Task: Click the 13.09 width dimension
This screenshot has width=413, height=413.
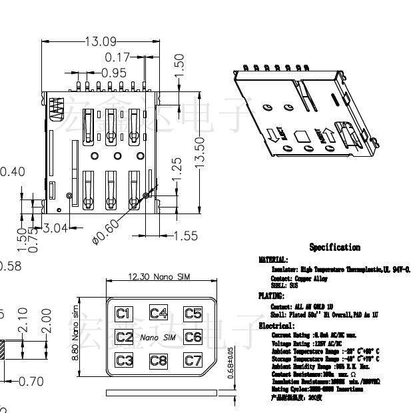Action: (x=100, y=41)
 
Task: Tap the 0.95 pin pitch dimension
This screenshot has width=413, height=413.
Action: (x=114, y=72)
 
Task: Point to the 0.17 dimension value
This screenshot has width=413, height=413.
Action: (x=118, y=58)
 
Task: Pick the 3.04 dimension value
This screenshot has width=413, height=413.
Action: (x=55, y=228)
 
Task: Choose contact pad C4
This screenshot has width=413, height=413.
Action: (x=159, y=313)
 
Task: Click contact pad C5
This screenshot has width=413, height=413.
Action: (x=193, y=313)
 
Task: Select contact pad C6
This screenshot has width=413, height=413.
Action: (x=193, y=337)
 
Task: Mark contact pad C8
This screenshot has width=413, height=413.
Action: (x=159, y=361)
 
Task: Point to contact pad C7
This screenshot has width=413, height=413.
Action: (x=193, y=361)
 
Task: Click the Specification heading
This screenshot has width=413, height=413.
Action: (x=334, y=248)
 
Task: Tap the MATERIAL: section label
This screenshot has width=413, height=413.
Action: (x=273, y=260)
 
